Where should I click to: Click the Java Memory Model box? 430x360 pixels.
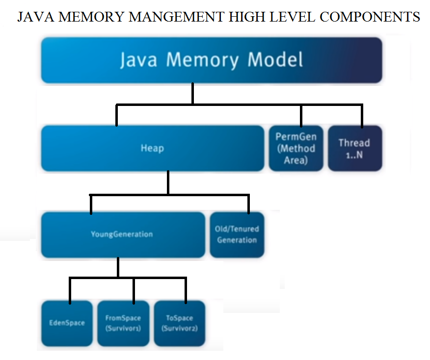tap(212, 60)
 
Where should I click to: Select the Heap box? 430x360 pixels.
tap(153, 148)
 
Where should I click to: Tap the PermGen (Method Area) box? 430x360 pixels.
tap(296, 148)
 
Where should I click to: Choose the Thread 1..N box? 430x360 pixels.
tap(355, 148)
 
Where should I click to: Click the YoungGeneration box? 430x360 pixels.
tap(123, 235)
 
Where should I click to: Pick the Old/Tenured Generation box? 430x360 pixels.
tap(237, 235)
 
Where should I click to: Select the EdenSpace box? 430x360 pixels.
tap(67, 323)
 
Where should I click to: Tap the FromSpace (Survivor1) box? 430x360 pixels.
tap(123, 323)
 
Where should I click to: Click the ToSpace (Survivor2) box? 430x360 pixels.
tap(180, 323)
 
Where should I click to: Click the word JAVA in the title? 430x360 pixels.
tap(36, 17)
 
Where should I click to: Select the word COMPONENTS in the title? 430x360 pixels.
tap(370, 17)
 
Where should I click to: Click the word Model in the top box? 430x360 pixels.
tap(275, 59)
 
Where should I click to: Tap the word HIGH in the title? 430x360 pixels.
tap(247, 17)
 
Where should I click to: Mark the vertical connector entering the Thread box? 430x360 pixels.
tap(362, 116)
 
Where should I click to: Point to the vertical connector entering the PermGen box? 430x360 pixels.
tap(301, 116)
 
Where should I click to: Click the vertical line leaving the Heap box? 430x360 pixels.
tap(168, 183)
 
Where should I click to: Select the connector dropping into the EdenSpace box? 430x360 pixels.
tap(70, 291)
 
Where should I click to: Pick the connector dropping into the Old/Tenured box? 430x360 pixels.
tap(249, 205)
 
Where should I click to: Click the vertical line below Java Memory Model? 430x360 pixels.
tap(193, 93)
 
